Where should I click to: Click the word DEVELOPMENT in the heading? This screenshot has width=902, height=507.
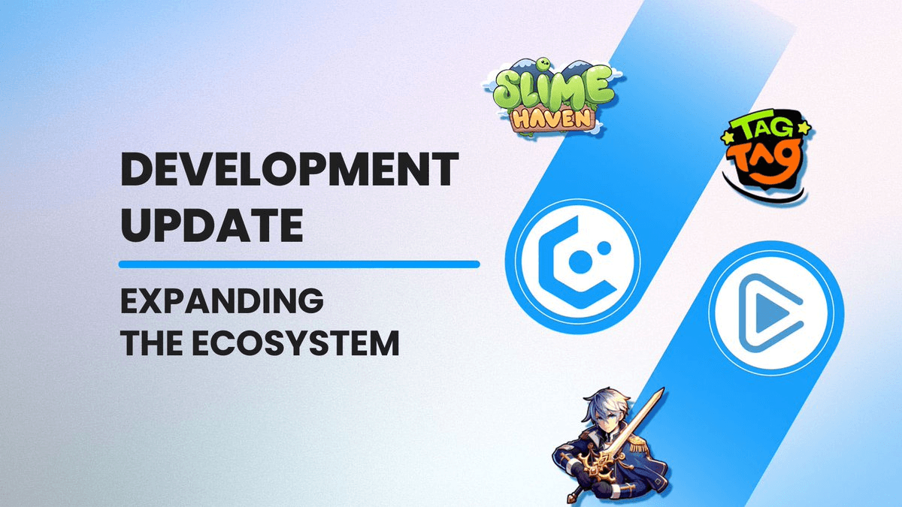(289, 171)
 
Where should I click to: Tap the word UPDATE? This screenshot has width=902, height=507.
(211, 224)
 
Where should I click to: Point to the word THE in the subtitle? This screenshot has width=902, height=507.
(149, 343)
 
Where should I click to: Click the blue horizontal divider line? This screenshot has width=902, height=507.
(299, 264)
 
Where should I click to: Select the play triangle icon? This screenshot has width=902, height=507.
(768, 309)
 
